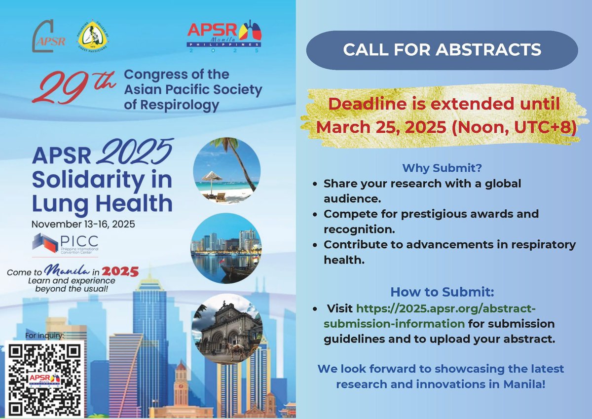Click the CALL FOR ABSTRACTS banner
[442, 50]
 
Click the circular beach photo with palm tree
[226, 170]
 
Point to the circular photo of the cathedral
[226, 328]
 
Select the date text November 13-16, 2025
[84, 224]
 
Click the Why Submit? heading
[442, 168]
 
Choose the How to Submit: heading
[442, 291]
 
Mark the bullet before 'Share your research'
[315, 184]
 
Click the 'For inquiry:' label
[47, 337]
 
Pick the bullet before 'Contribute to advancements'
[315, 245]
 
